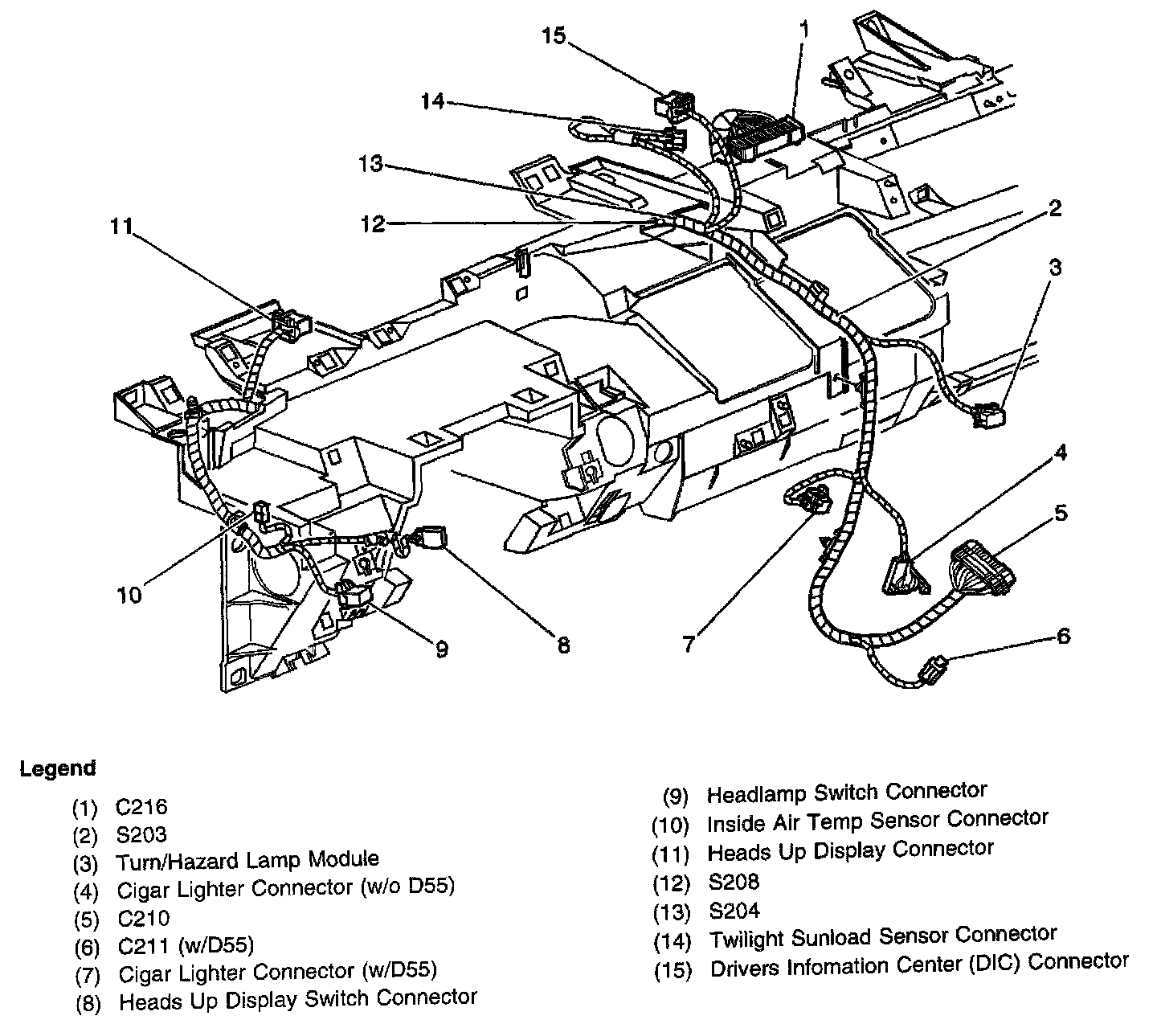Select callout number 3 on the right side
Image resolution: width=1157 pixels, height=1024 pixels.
(x=1055, y=267)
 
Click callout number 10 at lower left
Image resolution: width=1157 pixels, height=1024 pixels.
(x=129, y=595)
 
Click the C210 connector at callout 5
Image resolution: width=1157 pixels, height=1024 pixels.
(x=982, y=571)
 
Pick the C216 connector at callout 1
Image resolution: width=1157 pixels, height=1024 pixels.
(x=763, y=137)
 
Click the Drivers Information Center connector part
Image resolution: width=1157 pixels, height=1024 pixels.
(x=670, y=105)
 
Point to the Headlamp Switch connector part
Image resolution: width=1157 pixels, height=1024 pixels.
(x=354, y=596)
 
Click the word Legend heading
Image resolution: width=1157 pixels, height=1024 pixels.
(x=58, y=768)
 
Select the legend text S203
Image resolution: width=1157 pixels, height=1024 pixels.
(x=141, y=835)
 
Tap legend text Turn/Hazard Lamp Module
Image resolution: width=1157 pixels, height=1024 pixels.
(x=247, y=861)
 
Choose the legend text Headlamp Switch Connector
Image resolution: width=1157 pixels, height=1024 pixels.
(x=846, y=793)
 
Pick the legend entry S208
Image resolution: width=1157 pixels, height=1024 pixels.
(x=733, y=882)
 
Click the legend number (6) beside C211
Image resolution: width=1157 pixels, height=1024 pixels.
(x=86, y=948)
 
